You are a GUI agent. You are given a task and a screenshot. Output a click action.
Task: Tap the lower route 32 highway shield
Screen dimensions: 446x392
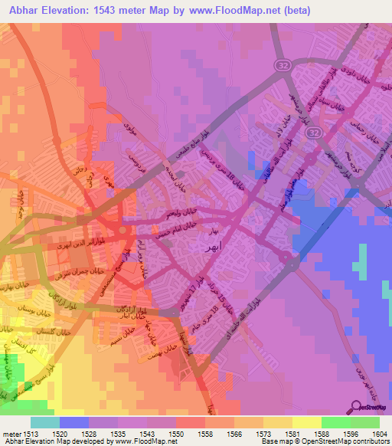point(313,133)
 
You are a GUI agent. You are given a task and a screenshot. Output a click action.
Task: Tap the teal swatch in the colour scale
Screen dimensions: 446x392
point(45,421)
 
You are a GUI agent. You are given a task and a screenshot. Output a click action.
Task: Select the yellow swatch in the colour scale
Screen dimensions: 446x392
point(307,421)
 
